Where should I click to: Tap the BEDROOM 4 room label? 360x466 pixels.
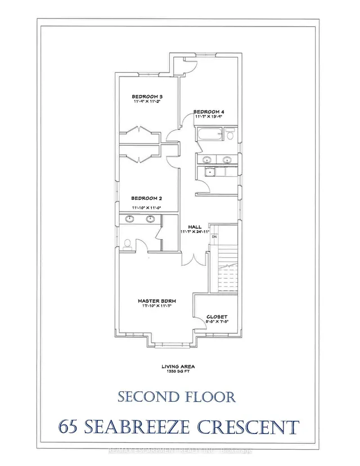coord(209,112)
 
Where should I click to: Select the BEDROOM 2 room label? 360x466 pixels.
coord(147,198)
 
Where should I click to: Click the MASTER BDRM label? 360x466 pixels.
coord(154,301)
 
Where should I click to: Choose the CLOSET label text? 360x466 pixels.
coord(217,316)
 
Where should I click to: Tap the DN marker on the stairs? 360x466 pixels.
coord(214,237)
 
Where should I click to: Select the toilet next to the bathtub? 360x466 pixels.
coord(229,134)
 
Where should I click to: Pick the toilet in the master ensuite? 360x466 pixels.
coord(127,244)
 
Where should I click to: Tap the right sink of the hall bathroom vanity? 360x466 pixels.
coord(227,160)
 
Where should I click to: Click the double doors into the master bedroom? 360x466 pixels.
coord(191,259)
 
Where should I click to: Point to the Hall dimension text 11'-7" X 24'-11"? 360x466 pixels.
coord(195,232)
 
